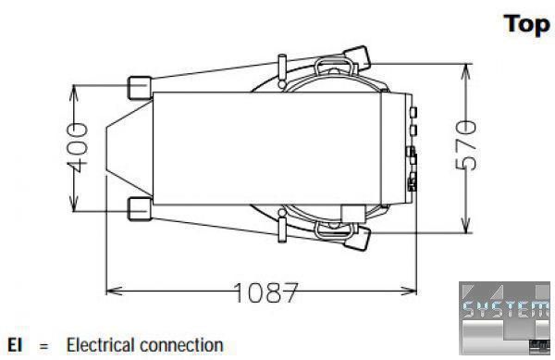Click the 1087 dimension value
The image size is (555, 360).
(x=265, y=292)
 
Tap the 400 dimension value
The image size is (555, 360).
(x=78, y=148)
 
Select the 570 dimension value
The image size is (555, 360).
(x=466, y=145)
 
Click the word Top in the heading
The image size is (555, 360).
(x=527, y=25)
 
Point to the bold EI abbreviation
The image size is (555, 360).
(x=15, y=345)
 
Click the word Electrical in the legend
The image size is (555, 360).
(x=101, y=345)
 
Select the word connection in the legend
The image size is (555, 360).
(x=181, y=346)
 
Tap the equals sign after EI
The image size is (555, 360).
(x=43, y=346)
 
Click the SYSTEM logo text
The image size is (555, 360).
(x=506, y=309)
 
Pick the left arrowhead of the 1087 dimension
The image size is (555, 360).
(x=114, y=291)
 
